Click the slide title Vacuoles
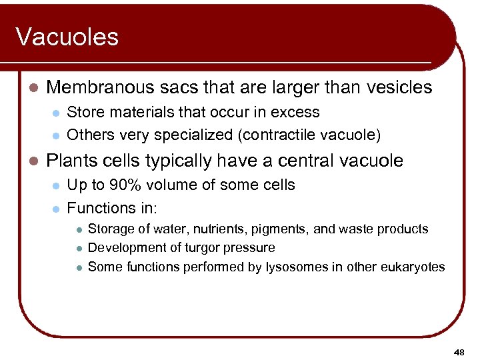click(x=67, y=37)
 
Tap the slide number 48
click(x=459, y=351)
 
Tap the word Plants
click(x=69, y=161)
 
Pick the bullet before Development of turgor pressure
click(x=78, y=248)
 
